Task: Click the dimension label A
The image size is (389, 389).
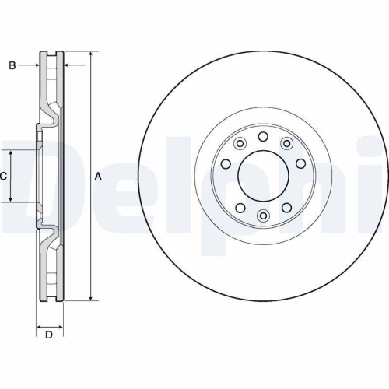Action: [98, 177]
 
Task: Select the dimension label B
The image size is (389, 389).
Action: [12, 66]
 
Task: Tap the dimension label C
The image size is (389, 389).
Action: [3, 177]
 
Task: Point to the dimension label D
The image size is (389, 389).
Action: [49, 335]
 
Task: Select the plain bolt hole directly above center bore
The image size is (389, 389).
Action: [263, 137]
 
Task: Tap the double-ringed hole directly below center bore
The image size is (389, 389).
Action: [263, 215]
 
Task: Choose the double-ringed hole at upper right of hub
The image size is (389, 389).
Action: [287, 143]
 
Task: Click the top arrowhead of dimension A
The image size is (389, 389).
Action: [91, 55]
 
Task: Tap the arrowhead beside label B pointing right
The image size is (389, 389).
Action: [36, 66]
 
